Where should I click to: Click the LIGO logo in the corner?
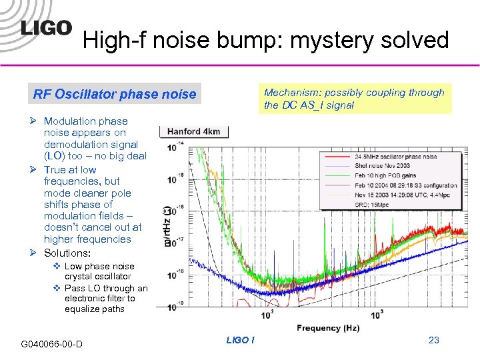point(45,27)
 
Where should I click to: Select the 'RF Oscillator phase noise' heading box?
point(115,95)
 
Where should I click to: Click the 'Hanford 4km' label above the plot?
point(194,131)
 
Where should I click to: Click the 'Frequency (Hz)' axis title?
point(327,328)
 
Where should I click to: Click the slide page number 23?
point(434,340)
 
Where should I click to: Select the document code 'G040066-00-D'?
point(52,344)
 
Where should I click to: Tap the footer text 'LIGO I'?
point(239,340)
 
